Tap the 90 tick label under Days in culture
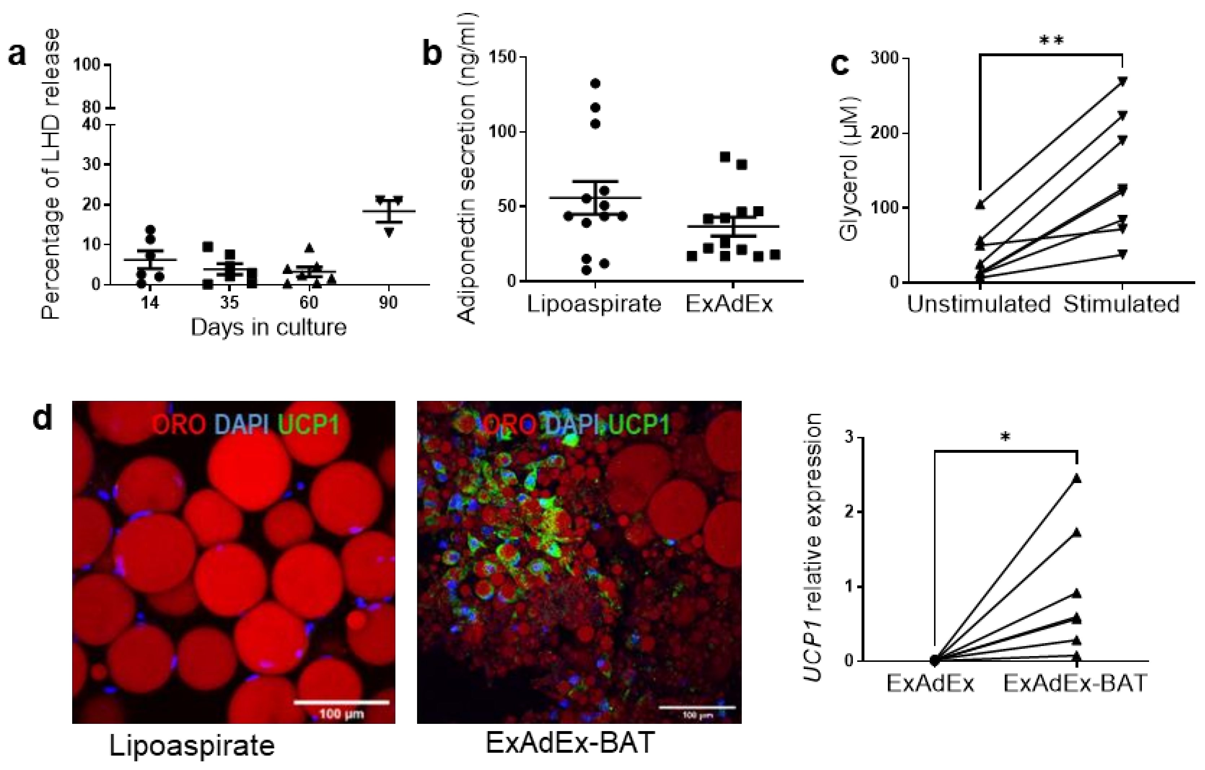[x=388, y=302]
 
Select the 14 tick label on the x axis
[x=150, y=302]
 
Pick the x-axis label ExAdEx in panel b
[x=729, y=304]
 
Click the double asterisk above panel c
[x=1051, y=40]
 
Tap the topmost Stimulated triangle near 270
[x=1122, y=81]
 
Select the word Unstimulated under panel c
[x=978, y=304]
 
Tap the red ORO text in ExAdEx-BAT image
[x=511, y=425]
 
